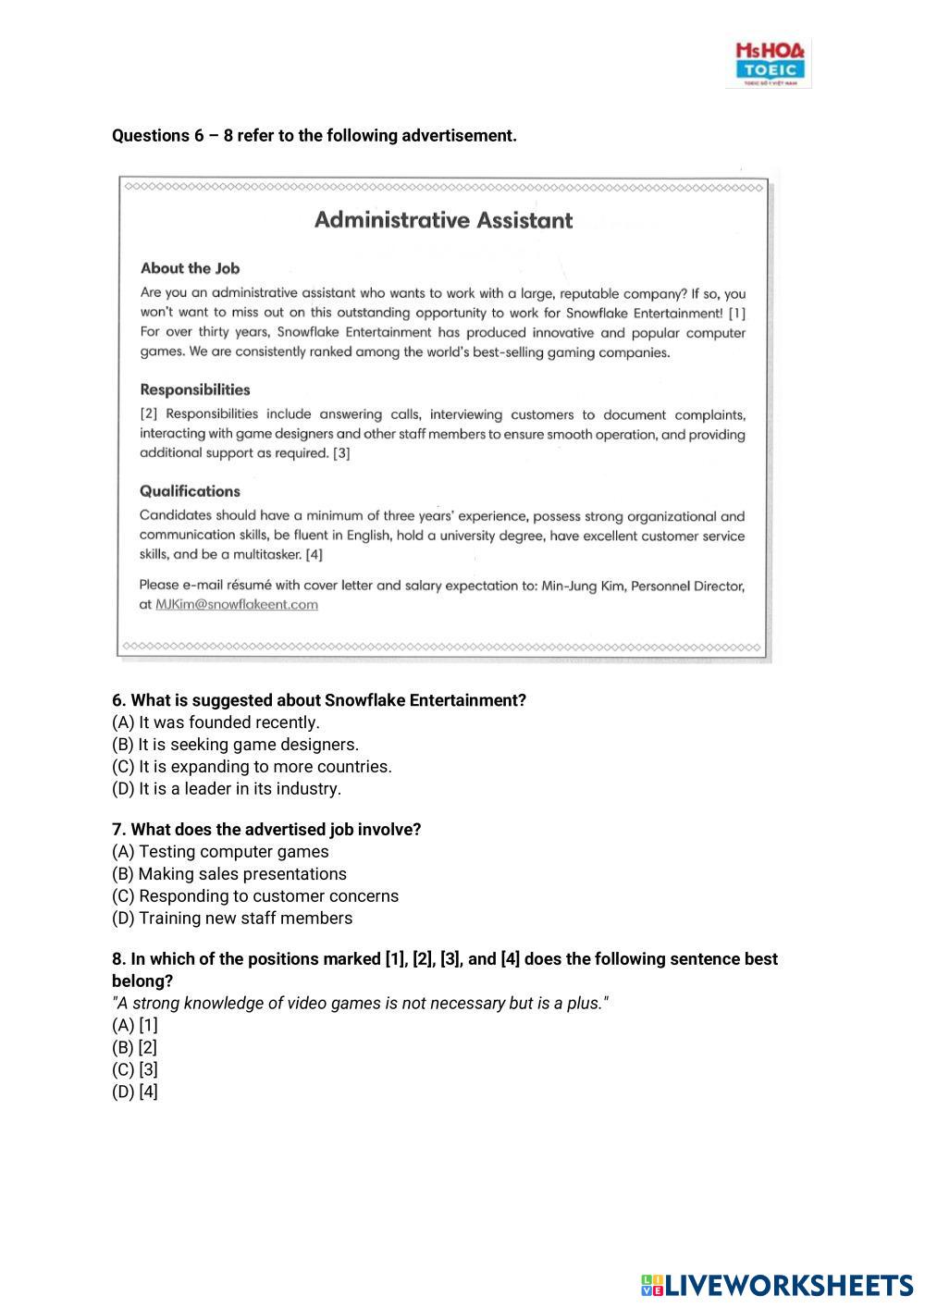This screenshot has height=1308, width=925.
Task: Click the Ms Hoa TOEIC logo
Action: pyautogui.click(x=770, y=63)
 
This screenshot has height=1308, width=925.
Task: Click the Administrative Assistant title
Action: pyautogui.click(x=443, y=220)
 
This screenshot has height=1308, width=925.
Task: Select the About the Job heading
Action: pyautogui.click(x=190, y=268)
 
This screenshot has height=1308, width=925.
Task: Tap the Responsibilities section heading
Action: pyautogui.click(x=194, y=389)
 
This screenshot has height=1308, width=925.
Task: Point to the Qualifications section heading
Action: pyautogui.click(x=190, y=491)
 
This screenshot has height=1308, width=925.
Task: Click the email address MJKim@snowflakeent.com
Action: pyautogui.click(x=237, y=605)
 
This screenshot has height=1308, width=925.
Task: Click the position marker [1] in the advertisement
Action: pyautogui.click(x=737, y=314)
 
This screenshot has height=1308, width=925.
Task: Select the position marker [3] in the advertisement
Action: pyautogui.click(x=341, y=453)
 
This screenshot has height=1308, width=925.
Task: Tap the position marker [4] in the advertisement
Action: pyautogui.click(x=314, y=555)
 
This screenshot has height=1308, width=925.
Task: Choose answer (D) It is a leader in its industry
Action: pyautogui.click(x=227, y=789)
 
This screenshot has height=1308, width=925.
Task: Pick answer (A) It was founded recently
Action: pyautogui.click(x=216, y=722)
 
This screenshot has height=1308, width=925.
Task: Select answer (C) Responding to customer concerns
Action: pyautogui.click(x=255, y=896)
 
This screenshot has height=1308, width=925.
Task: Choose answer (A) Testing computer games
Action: pyautogui.click(x=220, y=852)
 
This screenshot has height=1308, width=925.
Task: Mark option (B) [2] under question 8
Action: pyautogui.click(x=135, y=1048)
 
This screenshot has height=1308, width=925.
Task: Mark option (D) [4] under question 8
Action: pyautogui.click(x=135, y=1092)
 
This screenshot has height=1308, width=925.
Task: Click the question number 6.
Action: pyautogui.click(x=118, y=700)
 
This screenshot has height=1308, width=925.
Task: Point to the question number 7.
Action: pyautogui.click(x=118, y=830)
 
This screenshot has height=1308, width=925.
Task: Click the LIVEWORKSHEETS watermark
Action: pyautogui.click(x=777, y=1285)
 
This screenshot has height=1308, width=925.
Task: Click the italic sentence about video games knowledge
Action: pyautogui.click(x=361, y=1004)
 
